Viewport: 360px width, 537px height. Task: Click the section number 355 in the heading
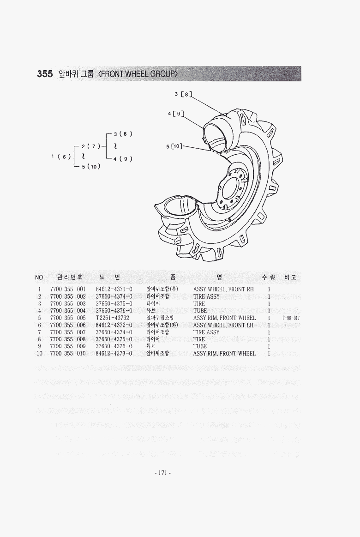click(45, 73)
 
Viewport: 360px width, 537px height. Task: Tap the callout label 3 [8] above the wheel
click(183, 94)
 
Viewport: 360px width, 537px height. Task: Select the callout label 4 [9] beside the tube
click(176, 114)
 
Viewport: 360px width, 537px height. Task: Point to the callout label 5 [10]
click(174, 146)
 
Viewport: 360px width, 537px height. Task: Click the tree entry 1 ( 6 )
click(61, 157)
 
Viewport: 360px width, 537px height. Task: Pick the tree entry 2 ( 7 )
click(91, 146)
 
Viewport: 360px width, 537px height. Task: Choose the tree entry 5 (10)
click(90, 166)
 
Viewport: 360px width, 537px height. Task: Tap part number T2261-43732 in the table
click(113, 318)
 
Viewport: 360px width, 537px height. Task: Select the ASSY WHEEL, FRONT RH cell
click(223, 289)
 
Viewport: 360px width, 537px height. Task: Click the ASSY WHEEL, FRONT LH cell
click(223, 325)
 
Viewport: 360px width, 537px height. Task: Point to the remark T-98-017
click(290, 318)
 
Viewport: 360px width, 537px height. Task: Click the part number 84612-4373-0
click(114, 353)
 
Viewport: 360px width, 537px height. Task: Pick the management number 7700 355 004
click(68, 311)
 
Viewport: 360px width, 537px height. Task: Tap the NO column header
click(39, 277)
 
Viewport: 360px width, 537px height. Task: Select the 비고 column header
click(290, 277)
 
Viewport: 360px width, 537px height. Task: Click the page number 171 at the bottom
click(162, 473)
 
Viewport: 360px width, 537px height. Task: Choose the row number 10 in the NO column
click(40, 353)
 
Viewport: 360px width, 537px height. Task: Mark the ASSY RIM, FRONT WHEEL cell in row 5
click(224, 318)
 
